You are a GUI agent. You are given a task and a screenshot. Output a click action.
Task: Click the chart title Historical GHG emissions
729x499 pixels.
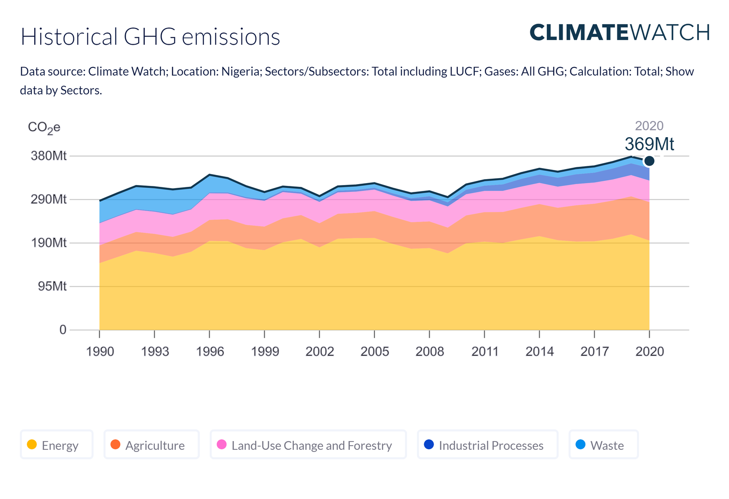150,37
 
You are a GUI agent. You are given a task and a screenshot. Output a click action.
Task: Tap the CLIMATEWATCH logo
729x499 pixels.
620,32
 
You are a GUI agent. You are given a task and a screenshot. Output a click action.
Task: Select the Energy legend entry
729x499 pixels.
56,445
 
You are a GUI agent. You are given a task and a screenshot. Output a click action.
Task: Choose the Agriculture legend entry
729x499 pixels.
151,445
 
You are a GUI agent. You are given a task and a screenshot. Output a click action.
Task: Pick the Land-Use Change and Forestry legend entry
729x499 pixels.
308,445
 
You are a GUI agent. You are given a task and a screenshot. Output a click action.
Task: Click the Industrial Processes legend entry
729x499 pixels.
488,445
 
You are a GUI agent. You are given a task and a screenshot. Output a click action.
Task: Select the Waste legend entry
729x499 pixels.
603,445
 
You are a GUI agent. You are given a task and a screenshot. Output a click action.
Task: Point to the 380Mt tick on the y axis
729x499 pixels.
48,156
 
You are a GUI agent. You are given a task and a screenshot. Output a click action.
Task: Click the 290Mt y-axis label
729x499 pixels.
48,199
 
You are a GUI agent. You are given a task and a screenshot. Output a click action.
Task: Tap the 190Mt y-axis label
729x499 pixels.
48,242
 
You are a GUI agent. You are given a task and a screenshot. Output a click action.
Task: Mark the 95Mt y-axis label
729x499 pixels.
52,286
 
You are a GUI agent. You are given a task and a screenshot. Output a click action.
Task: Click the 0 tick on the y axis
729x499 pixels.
63,329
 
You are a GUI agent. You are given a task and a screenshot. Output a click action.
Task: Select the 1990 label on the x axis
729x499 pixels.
100,352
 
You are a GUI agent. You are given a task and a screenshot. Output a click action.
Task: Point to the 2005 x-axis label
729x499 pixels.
375,352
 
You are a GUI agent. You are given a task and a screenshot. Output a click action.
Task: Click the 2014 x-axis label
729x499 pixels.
539,352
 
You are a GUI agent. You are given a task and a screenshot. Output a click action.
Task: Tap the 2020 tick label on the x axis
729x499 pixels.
649,352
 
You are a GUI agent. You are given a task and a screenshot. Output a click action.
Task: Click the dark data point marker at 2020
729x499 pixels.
649,161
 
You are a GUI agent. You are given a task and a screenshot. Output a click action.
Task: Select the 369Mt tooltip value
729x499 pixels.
649,144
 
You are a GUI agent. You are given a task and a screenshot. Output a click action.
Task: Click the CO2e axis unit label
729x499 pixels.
44,127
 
